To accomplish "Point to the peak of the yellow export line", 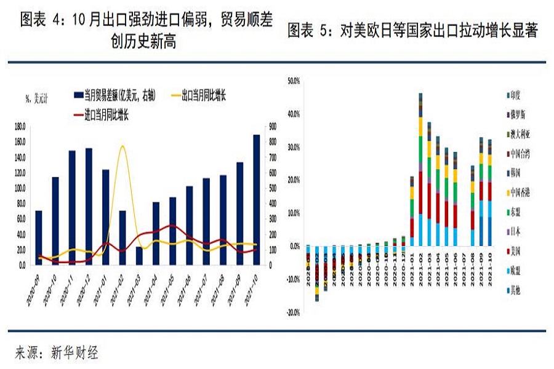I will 122,146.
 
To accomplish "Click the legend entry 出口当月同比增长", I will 203,95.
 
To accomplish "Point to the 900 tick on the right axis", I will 273,127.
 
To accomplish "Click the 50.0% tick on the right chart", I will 293,81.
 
